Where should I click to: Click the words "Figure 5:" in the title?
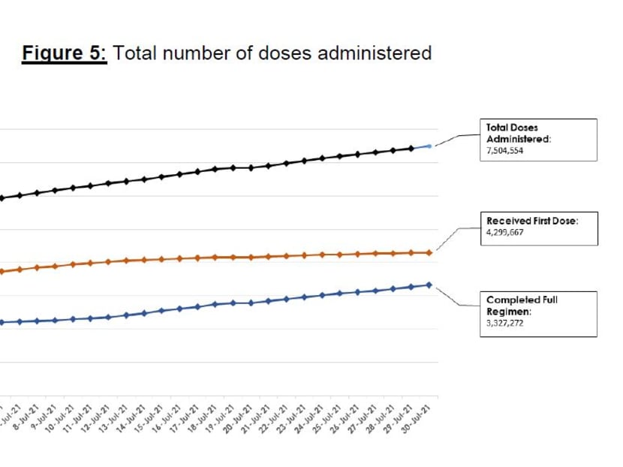coord(65,53)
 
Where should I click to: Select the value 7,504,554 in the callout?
coord(504,150)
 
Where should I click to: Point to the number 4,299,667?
coord(504,233)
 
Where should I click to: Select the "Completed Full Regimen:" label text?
coord(522,305)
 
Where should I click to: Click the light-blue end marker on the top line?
coord(429,146)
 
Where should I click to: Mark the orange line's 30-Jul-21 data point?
coord(429,252)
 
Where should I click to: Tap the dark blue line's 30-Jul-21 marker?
coord(429,285)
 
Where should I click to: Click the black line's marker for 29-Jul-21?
coord(411,148)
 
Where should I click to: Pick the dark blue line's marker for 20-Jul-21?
coord(250,303)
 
